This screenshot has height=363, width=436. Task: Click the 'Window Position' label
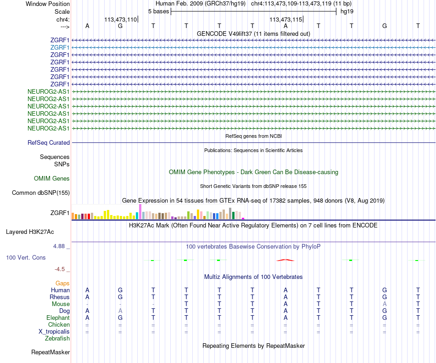click(48, 4)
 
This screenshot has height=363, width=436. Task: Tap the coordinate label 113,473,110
click(121, 20)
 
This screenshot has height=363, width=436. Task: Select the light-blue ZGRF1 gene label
click(60, 47)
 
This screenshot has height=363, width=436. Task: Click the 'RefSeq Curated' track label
click(49, 143)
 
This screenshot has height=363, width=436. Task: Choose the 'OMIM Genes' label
click(52, 179)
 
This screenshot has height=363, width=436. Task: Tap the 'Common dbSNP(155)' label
click(41, 193)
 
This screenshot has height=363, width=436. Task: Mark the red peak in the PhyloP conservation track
click(285, 260)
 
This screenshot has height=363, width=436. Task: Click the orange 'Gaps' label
click(62, 284)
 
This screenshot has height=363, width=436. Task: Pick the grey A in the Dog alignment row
click(120, 311)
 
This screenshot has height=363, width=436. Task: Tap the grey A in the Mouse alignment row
click(385, 304)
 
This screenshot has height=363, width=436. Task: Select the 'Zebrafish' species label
click(57, 339)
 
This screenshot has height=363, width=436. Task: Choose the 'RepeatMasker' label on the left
click(50, 352)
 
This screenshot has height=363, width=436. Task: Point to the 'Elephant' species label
click(58, 318)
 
